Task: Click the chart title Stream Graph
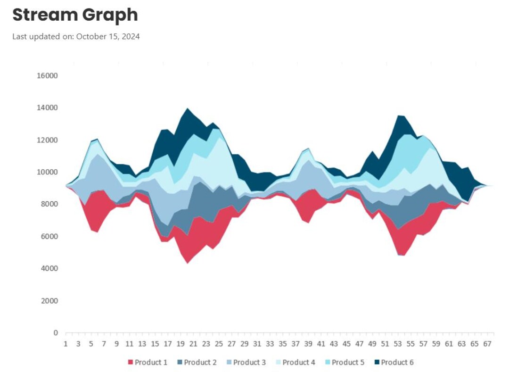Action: point(75,15)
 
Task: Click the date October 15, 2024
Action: point(108,37)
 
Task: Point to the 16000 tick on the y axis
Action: point(47,76)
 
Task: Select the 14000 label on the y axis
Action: point(47,108)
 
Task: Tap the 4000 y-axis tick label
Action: point(49,269)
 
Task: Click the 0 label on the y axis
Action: point(56,333)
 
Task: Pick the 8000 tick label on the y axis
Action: point(49,204)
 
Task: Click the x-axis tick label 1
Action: point(66,344)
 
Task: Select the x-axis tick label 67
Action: point(487,344)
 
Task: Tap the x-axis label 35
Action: point(282,344)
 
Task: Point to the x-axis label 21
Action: point(192,344)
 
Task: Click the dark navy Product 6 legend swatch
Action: point(377,363)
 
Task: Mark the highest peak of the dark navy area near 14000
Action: point(188,109)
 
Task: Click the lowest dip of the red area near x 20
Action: point(188,262)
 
